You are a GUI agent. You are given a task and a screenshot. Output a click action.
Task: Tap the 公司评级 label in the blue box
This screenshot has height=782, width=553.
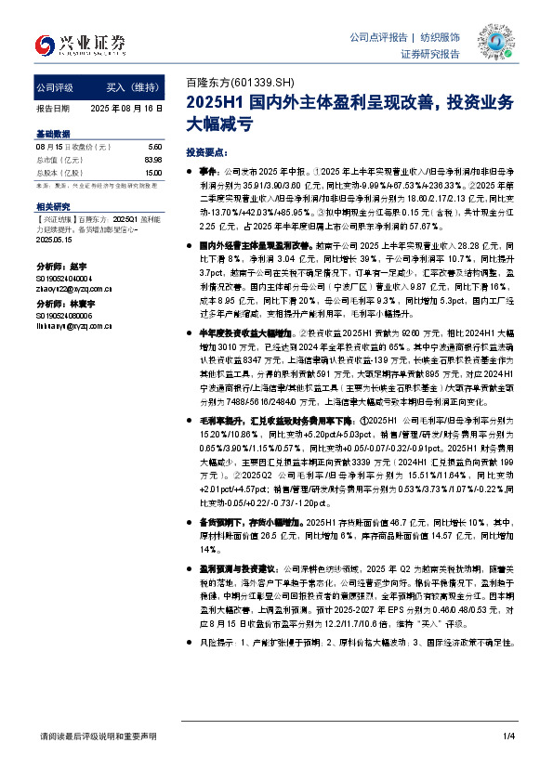pos(56,87)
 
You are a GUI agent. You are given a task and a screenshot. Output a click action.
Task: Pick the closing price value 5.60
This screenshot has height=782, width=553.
pos(155,148)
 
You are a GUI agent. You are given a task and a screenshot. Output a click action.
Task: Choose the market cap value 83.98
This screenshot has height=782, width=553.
pos(153,161)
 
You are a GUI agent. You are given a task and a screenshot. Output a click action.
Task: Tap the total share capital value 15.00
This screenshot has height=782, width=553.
pos(153,173)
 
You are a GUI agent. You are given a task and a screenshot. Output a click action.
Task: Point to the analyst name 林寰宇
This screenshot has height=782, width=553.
pos(80,304)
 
